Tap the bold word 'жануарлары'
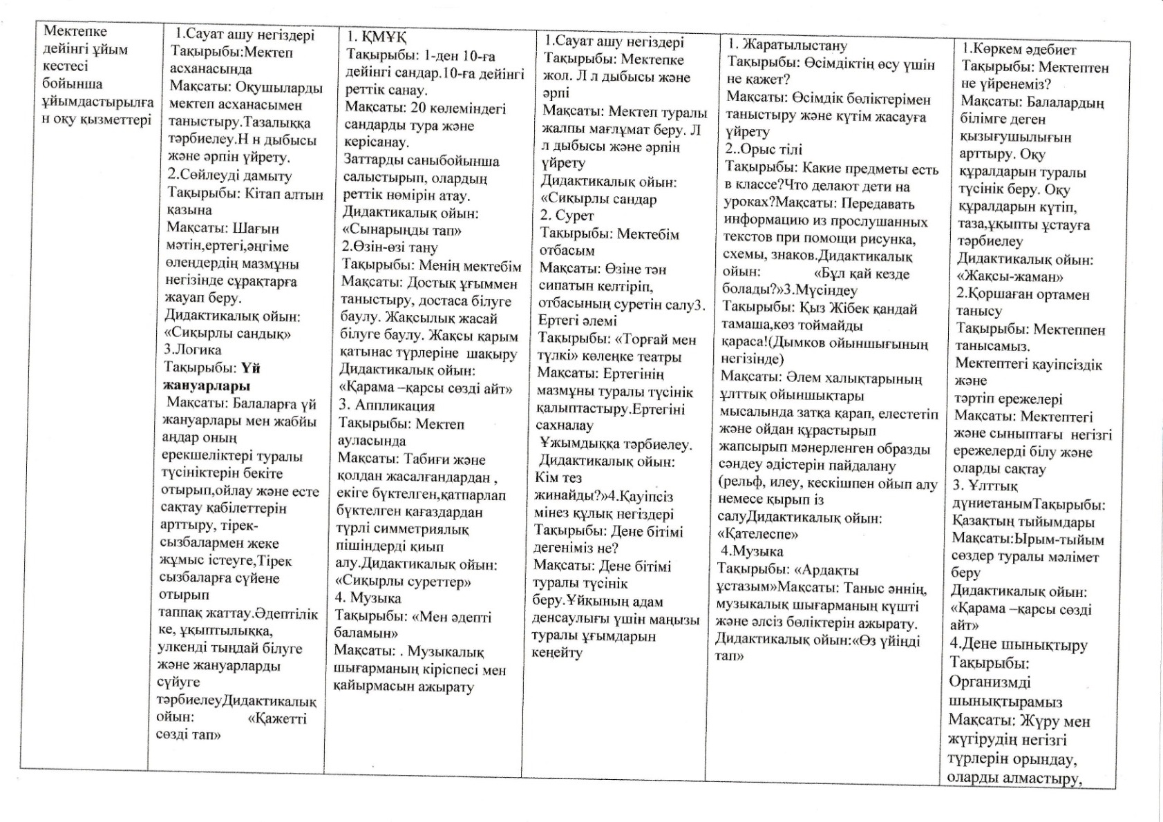coord(206,385)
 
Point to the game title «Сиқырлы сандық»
coord(227,334)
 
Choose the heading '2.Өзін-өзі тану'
coord(390,247)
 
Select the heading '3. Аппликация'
coord(386,405)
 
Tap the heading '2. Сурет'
coord(567,216)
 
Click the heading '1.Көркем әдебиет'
coord(1019,49)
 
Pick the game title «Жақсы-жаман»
coord(1010,277)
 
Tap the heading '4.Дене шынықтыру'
coord(1019,644)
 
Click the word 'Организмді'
coord(990,682)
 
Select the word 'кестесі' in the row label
coord(66,66)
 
